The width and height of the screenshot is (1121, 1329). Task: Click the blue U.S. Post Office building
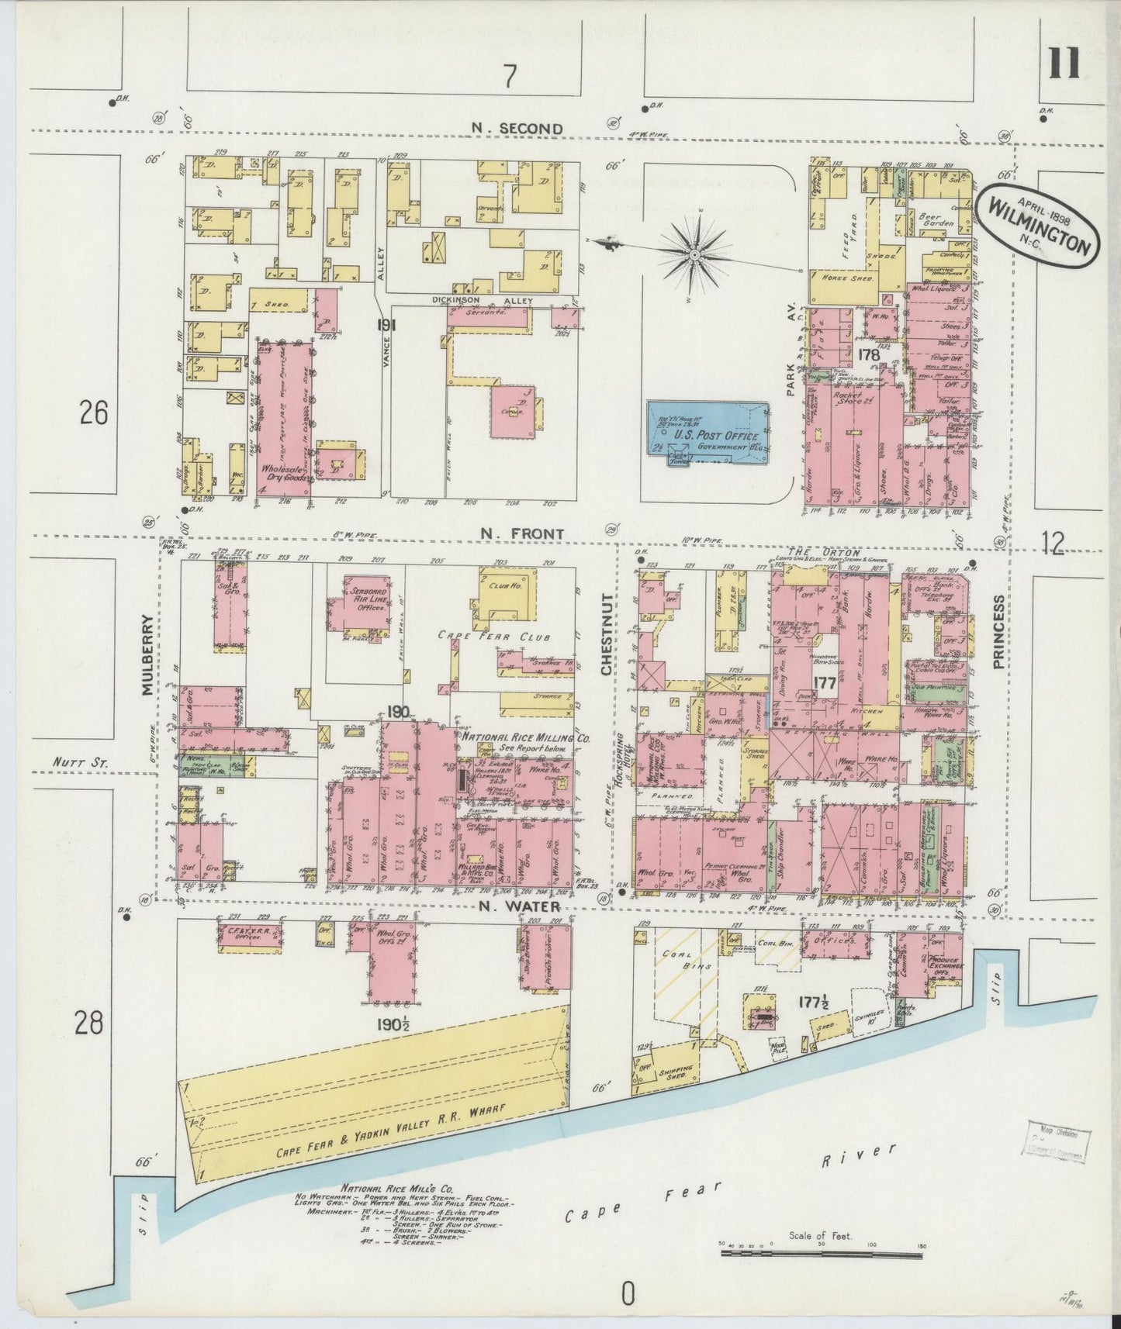[x=708, y=433]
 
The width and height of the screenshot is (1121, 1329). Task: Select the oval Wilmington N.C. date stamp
[x=1039, y=227]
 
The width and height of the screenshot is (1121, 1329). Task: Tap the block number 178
[x=870, y=354]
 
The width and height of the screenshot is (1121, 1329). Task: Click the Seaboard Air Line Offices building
[x=357, y=609]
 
